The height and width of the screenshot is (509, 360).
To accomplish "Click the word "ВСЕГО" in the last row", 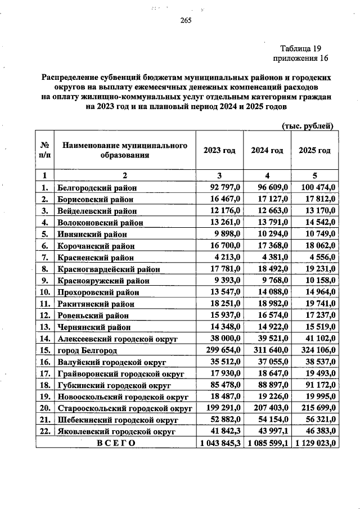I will tap(116, 443).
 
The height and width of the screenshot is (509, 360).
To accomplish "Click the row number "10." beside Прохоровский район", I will tap(44, 291).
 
